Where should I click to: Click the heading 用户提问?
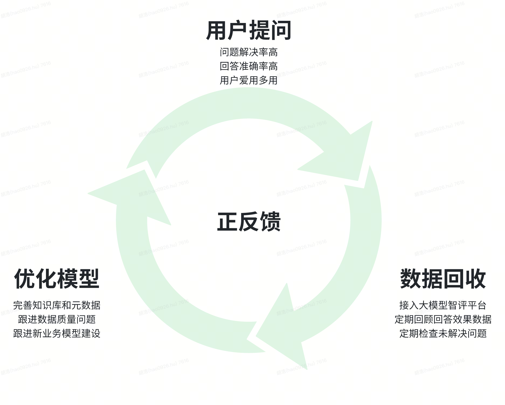click(x=249, y=30)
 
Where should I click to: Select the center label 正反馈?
click(x=249, y=222)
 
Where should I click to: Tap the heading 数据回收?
click(x=443, y=278)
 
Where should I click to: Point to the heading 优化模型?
click(x=57, y=278)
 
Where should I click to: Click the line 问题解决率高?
click(x=249, y=52)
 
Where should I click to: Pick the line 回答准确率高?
click(x=249, y=66)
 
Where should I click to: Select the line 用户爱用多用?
click(x=249, y=80)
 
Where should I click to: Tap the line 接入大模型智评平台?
click(x=443, y=305)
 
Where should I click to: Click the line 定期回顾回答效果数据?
click(x=443, y=319)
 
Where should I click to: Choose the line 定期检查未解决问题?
click(x=443, y=333)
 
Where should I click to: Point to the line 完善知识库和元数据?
click(x=57, y=305)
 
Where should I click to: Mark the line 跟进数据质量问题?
click(x=57, y=319)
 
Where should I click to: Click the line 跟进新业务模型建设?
click(x=57, y=333)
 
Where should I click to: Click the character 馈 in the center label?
click(x=270, y=222)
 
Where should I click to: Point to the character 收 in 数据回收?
click(x=475, y=278)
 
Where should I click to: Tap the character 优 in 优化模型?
click(x=25, y=278)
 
